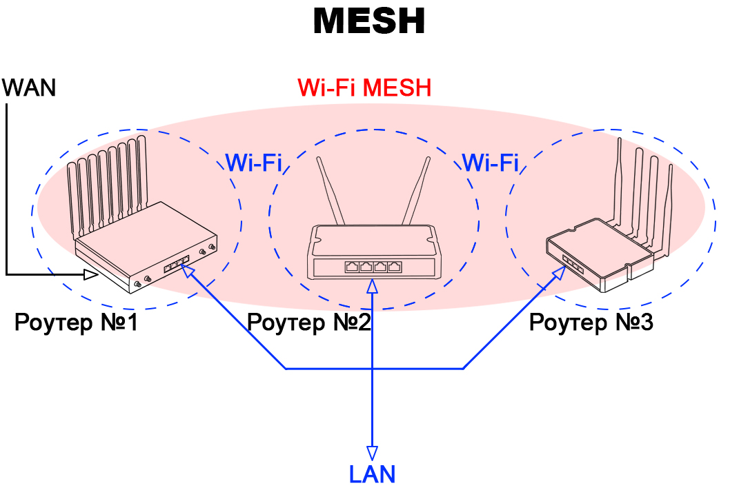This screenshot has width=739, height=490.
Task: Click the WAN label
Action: (x=29, y=88)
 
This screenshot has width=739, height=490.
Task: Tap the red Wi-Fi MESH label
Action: (x=364, y=88)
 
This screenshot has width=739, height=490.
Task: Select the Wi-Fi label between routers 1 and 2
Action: (x=253, y=163)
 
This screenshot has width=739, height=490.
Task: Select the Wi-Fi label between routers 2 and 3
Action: (x=490, y=163)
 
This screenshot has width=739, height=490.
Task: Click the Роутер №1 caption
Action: (x=76, y=323)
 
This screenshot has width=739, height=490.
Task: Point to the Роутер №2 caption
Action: (x=308, y=323)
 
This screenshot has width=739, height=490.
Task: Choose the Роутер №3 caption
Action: (x=591, y=323)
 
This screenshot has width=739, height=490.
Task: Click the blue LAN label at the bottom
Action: (x=372, y=475)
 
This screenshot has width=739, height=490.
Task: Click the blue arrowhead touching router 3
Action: (x=560, y=272)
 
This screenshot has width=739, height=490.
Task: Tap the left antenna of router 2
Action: (x=330, y=190)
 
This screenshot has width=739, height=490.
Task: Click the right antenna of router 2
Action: (x=417, y=190)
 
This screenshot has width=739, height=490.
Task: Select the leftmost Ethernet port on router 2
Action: (x=352, y=267)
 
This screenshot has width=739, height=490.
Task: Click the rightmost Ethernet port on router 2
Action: (x=395, y=267)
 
